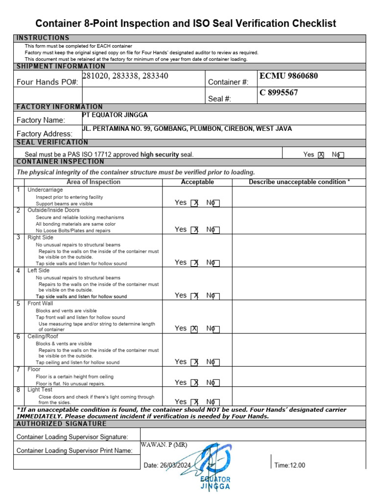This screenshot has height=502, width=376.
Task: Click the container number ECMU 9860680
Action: pyautogui.click(x=288, y=76)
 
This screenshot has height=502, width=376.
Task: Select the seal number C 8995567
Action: pyautogui.click(x=279, y=93)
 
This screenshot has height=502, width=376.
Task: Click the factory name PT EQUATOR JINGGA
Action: pyautogui.click(x=115, y=115)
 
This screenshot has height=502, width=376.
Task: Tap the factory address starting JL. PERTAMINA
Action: pyautogui.click(x=187, y=129)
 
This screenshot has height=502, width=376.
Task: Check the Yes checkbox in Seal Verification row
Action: pyautogui.click(x=321, y=155)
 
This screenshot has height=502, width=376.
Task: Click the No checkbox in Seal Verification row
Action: pyautogui.click(x=341, y=155)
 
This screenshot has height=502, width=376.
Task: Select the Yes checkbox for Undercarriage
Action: pyautogui.click(x=194, y=203)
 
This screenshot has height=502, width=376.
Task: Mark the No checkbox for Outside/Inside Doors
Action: pyautogui.click(x=216, y=230)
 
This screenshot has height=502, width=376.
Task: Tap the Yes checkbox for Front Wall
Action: pyautogui.click(x=194, y=329)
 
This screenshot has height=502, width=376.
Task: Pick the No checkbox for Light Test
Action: pyautogui.click(x=216, y=402)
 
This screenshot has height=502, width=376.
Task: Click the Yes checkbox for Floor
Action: pyautogui.click(x=194, y=383)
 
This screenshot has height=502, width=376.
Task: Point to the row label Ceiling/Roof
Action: pyautogui.click(x=43, y=337)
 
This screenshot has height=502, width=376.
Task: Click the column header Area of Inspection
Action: pyautogui.click(x=93, y=182)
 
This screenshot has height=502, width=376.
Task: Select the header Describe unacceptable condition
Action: pyautogui.click(x=299, y=182)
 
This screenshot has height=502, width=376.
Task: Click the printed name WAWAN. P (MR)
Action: pyautogui.click(x=164, y=445)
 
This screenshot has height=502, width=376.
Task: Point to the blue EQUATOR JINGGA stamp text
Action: pyautogui.click(x=215, y=483)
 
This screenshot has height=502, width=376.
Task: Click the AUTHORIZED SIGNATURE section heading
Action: pyautogui.click(x=61, y=424)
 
